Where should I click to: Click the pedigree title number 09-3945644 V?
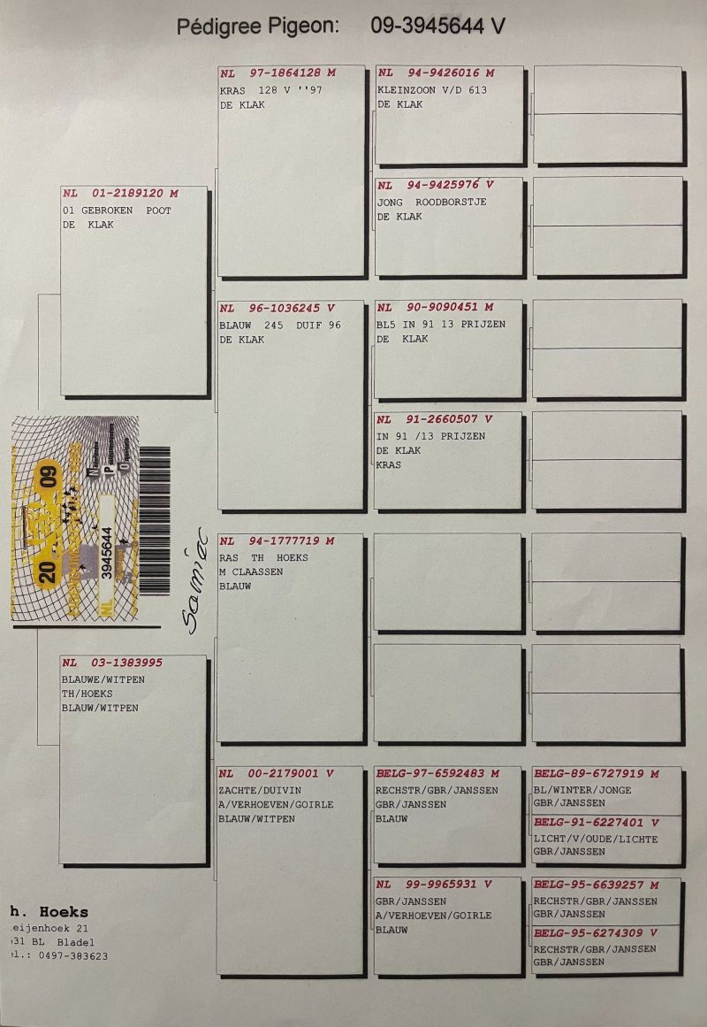(x=437, y=27)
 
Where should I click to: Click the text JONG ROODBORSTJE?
(x=431, y=202)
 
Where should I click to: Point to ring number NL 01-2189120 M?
(x=120, y=194)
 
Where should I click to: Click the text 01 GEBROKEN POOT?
(x=117, y=211)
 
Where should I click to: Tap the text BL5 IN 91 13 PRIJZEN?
(x=441, y=325)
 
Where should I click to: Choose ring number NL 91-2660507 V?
(x=434, y=420)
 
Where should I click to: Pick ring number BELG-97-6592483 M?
(x=437, y=774)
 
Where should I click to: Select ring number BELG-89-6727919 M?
(x=597, y=774)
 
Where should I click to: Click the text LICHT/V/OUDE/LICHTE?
(x=596, y=839)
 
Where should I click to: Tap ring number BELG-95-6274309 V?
(x=596, y=933)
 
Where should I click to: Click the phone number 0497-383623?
(x=69, y=955)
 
